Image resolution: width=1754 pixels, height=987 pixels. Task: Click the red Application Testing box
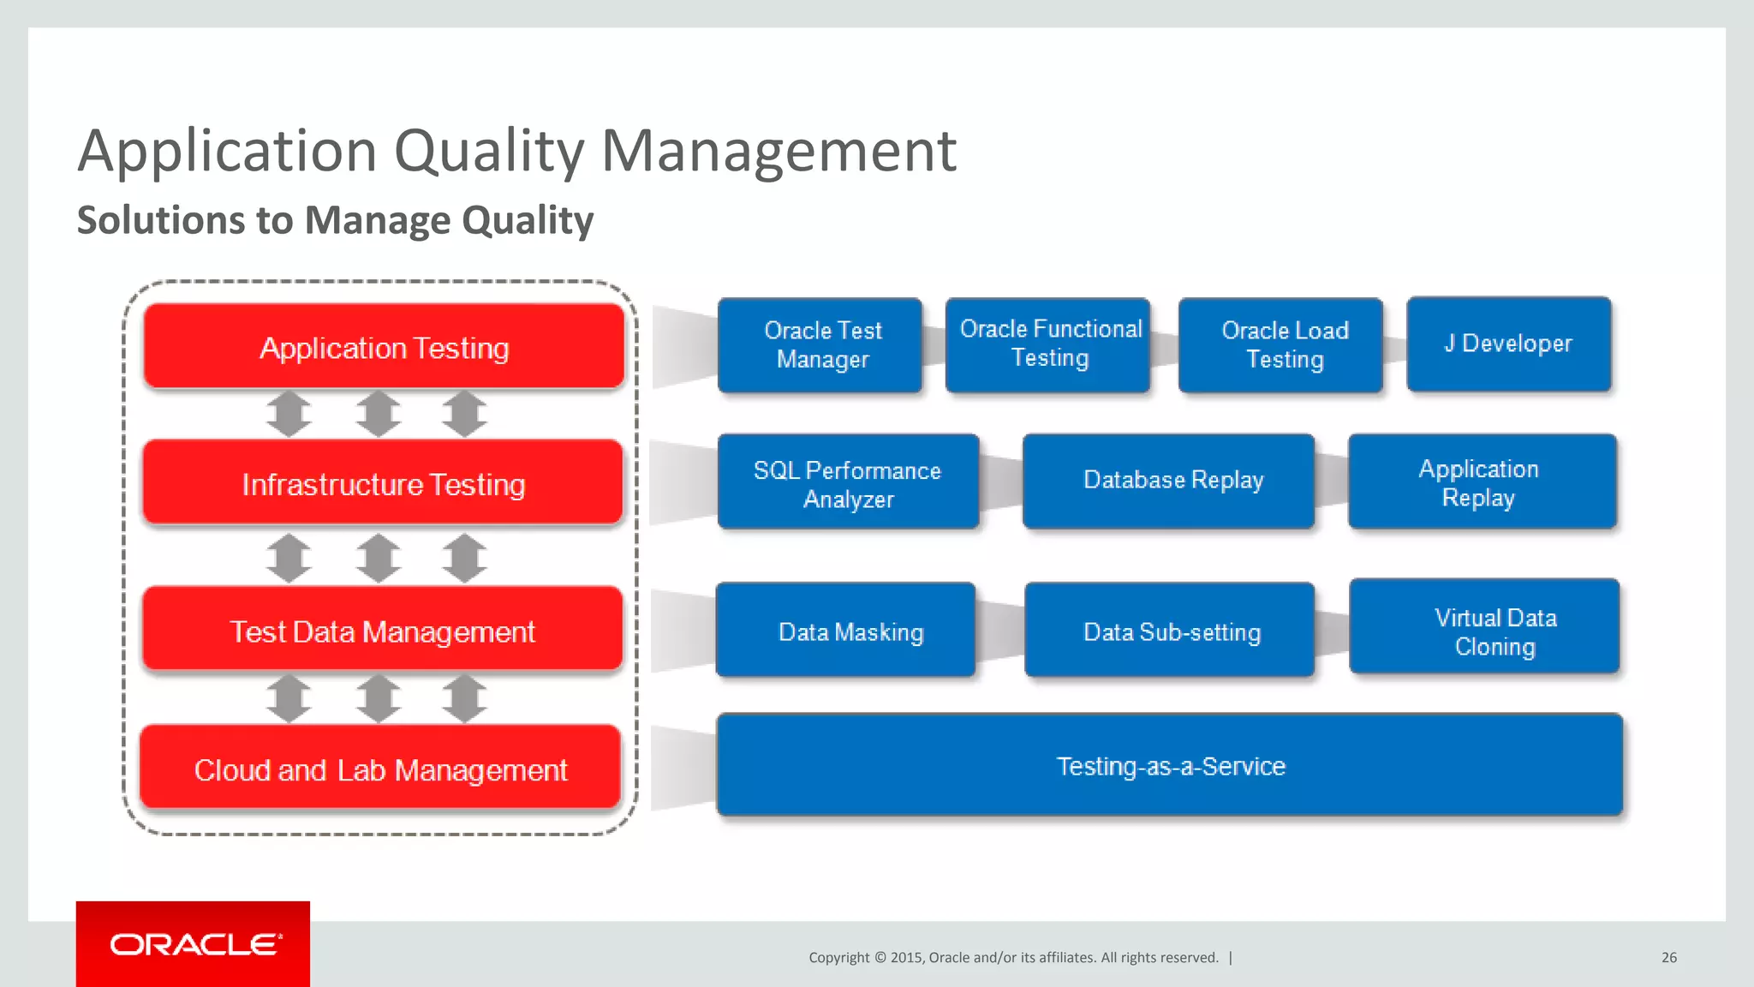[384, 347]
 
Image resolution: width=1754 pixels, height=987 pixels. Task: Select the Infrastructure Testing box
[383, 483]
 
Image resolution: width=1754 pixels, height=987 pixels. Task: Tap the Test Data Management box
[382, 631]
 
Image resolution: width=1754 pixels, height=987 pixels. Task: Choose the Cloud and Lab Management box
[380, 769]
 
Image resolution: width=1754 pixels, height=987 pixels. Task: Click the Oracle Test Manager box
[820, 345]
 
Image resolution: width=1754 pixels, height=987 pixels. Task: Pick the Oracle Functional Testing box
[1048, 344]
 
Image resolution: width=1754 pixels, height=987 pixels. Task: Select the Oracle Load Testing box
[1281, 345]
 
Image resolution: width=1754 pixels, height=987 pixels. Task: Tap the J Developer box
[1509, 344]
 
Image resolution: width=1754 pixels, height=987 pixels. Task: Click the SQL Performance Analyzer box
[848, 482]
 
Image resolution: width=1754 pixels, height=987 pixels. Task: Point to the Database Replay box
[1170, 481]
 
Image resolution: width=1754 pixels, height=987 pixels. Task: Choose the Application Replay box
[1482, 482]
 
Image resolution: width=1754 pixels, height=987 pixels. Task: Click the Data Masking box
[846, 631]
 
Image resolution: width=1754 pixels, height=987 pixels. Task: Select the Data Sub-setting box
[1170, 631]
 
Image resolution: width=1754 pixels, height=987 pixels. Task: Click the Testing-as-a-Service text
[1170, 766]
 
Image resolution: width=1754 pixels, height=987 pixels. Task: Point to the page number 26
[1668, 957]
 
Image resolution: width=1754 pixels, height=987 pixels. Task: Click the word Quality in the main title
[489, 152]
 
